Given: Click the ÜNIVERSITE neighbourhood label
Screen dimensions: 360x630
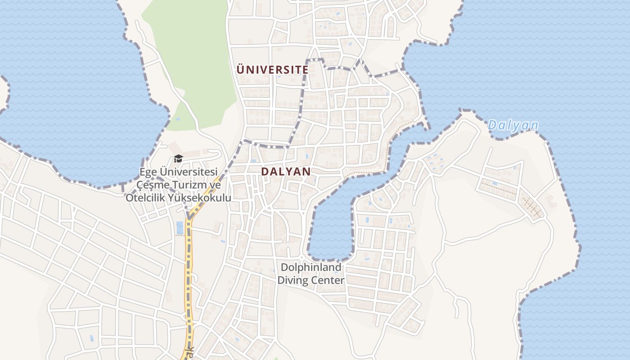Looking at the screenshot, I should (272, 70).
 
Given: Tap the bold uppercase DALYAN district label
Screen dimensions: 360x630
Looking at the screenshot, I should (286, 171).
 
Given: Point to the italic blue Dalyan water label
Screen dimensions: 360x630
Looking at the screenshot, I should (513, 126).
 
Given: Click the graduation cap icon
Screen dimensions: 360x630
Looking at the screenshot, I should (178, 158).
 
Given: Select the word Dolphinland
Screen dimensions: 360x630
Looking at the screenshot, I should (311, 267).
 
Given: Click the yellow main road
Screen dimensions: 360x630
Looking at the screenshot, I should (189, 270).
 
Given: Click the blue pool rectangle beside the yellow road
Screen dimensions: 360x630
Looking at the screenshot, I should (180, 228).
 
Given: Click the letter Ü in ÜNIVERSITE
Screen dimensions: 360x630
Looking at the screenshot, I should (240, 70).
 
